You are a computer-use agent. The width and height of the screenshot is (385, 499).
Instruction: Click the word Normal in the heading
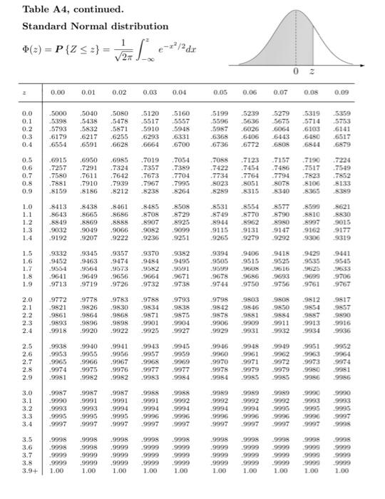click(x=79, y=27)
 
